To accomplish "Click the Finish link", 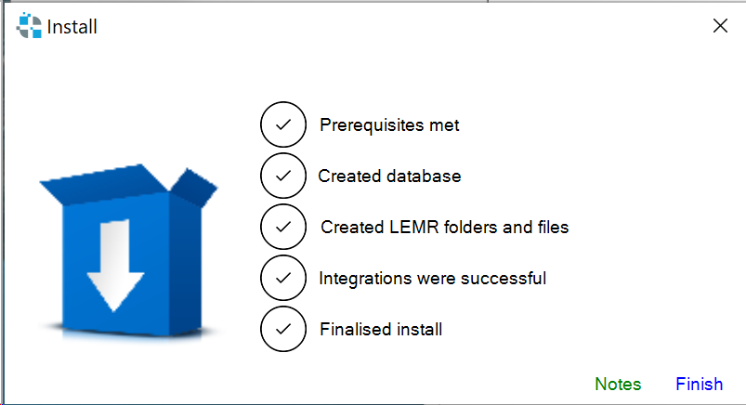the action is (x=699, y=384).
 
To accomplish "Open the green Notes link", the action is (x=618, y=384).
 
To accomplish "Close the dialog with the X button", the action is (x=720, y=26).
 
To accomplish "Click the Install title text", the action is (x=72, y=27).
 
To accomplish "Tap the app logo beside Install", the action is (x=29, y=26).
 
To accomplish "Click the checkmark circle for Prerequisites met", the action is (x=283, y=124).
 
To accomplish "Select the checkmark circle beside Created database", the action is (x=283, y=176).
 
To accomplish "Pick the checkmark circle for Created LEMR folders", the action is (x=283, y=227).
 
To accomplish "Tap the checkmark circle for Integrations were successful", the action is (x=283, y=278).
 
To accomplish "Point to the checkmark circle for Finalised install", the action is (x=283, y=329).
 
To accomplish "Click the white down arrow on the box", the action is (x=115, y=265).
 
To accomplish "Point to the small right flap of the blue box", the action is (x=194, y=188).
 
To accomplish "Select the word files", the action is (x=554, y=227).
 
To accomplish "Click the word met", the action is (x=444, y=125).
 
